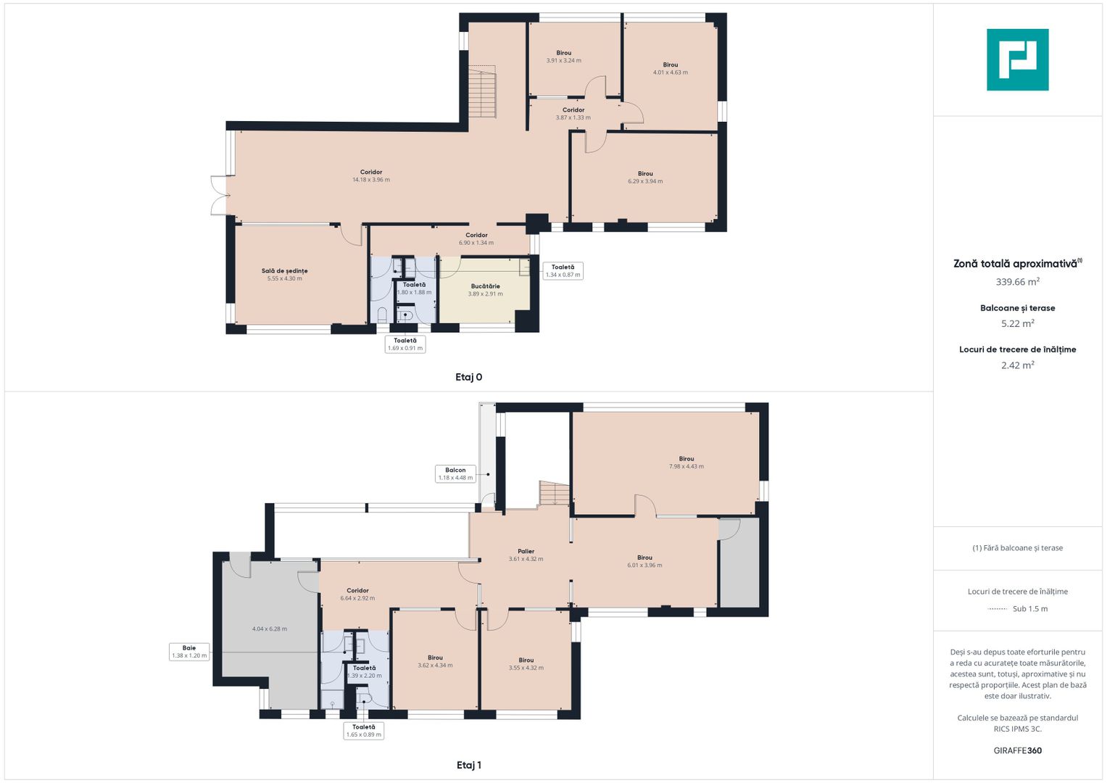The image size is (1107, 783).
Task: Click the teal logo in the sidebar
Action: [1018, 59]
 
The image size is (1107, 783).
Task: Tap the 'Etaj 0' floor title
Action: [468, 377]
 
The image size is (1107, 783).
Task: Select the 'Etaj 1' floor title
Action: [468, 765]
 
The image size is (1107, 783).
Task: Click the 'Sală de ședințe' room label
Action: [285, 271]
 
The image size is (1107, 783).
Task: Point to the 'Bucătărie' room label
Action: [485, 286]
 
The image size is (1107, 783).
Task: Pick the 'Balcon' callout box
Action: [456, 473]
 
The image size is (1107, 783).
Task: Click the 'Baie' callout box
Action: [189, 652]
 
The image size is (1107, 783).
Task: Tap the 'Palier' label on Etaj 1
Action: [526, 551]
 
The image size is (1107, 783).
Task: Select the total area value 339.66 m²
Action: [1018, 282]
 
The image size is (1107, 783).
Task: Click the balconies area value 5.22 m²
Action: [1018, 323]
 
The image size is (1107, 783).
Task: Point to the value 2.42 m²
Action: [1018, 365]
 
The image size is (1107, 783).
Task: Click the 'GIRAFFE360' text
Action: [1018, 750]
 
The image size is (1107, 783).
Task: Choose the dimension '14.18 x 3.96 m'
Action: [371, 180]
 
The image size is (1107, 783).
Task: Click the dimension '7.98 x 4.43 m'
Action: [687, 466]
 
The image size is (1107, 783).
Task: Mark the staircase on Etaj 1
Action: [554, 493]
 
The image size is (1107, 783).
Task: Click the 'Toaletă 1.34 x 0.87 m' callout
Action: [563, 271]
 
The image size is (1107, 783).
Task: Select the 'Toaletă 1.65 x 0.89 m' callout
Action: [364, 731]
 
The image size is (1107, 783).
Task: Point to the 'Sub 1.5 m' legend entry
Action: [1018, 609]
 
